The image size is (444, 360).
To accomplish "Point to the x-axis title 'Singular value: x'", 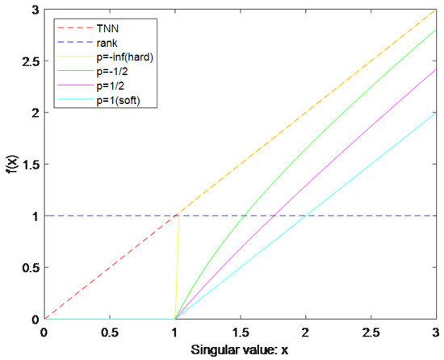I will [241, 350].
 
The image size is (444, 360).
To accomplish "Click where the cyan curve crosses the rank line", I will [305, 216].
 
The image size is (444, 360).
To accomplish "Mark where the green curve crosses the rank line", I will [245, 216].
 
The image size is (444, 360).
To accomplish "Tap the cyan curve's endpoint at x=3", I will [436, 112].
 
